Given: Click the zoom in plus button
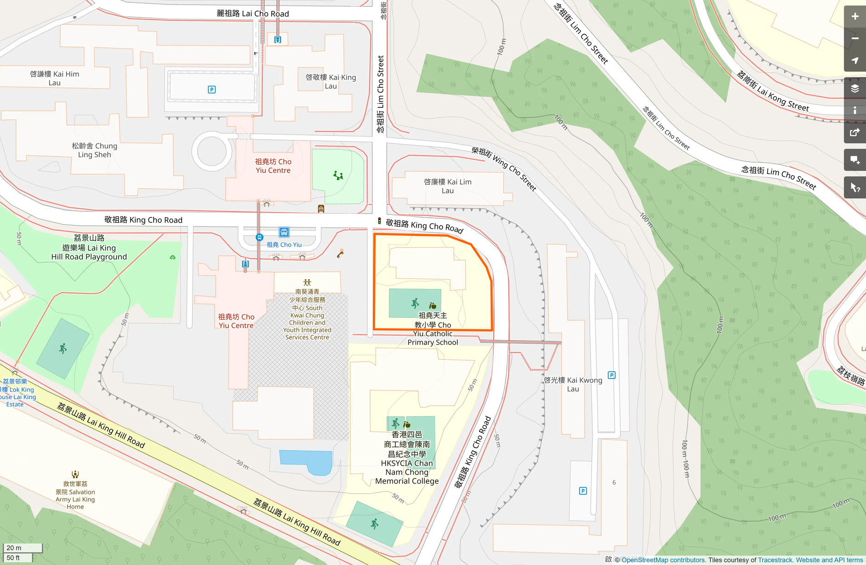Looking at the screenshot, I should [855, 17].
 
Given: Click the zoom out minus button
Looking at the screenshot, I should [855, 39].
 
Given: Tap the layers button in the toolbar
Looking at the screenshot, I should [855, 89].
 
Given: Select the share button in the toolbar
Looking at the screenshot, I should [855, 133].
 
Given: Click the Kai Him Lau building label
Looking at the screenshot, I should [54, 79].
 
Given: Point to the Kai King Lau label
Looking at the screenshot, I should [330, 82].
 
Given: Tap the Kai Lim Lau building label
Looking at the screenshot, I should [447, 186].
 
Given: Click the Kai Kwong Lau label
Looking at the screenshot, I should [573, 384].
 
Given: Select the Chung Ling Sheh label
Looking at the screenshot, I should [94, 150].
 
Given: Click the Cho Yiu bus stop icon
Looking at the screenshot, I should [284, 232].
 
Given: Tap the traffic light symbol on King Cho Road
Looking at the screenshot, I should [379, 221].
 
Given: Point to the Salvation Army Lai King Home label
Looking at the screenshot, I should [75, 495].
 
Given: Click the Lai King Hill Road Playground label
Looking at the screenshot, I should [89, 248].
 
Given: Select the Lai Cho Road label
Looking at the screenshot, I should [252, 14].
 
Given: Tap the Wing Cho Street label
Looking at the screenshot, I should [504, 168].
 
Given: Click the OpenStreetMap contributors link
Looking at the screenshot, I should [663, 560].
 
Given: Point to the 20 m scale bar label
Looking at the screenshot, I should [14, 548].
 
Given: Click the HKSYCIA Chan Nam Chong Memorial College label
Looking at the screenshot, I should [407, 458].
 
